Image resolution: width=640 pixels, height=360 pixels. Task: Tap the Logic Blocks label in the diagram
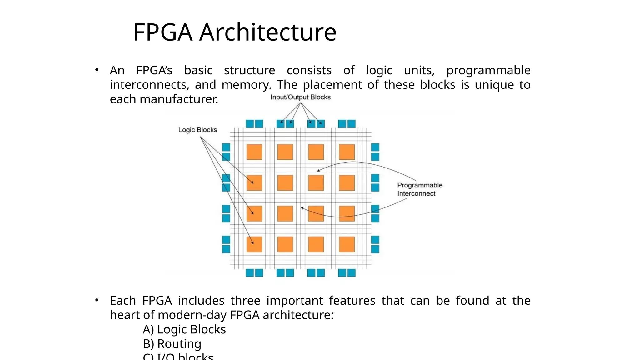(x=197, y=130)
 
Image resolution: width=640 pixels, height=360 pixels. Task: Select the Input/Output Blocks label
(x=300, y=97)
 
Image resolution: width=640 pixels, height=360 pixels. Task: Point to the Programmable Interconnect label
(x=419, y=189)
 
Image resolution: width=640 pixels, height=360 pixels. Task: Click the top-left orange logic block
(x=254, y=152)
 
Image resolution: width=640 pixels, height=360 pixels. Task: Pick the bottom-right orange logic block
(x=347, y=244)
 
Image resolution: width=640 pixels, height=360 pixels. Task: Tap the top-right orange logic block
(x=347, y=152)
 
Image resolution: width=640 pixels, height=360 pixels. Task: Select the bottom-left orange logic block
(x=254, y=244)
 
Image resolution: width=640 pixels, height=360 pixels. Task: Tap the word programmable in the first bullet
(x=488, y=71)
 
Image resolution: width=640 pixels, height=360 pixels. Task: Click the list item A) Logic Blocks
(x=184, y=329)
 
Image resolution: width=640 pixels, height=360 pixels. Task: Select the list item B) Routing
(x=172, y=344)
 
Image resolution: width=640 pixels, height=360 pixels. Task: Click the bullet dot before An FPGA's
(x=97, y=70)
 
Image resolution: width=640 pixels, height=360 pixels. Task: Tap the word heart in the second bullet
(x=125, y=315)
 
